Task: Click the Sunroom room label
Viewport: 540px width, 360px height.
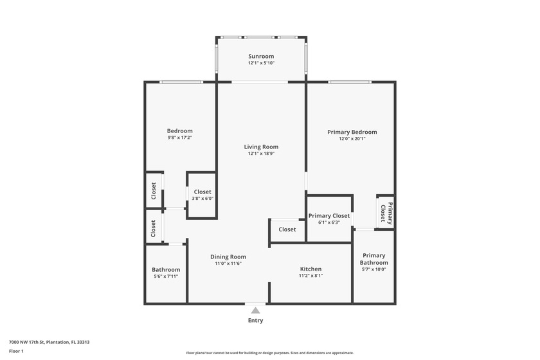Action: coord(261,56)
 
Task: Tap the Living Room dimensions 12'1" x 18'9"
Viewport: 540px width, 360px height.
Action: coord(261,154)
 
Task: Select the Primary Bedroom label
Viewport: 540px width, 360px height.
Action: coord(352,132)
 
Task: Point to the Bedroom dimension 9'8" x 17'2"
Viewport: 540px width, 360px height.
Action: coord(179,138)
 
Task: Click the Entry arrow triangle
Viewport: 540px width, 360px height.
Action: coord(255,310)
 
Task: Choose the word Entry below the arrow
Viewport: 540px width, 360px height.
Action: coord(255,320)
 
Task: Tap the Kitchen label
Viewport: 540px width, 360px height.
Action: coord(310,269)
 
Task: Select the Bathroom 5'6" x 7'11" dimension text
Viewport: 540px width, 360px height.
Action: coord(166,276)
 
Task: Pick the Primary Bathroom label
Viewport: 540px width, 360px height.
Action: coord(373,258)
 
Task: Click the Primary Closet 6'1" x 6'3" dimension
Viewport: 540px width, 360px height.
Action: coord(328,222)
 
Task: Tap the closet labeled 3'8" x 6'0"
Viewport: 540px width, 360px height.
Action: coord(203,199)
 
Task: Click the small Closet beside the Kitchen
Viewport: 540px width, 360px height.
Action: coord(287,230)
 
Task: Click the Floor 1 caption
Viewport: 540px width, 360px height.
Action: coord(16,351)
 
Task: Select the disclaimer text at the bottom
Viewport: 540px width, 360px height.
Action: coord(269,353)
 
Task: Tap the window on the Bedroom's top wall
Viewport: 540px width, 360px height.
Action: coord(181,82)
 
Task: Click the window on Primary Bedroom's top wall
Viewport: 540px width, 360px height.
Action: coord(349,82)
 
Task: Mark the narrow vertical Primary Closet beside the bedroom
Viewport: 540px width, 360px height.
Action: coord(386,212)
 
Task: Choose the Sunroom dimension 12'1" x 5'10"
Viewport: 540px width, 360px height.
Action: coord(261,63)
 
